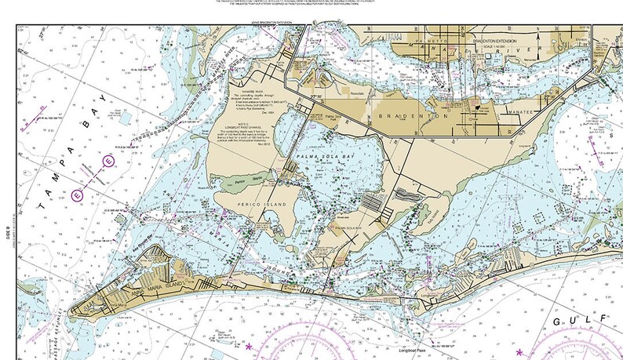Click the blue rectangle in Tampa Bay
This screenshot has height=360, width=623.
(x=127, y=120)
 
